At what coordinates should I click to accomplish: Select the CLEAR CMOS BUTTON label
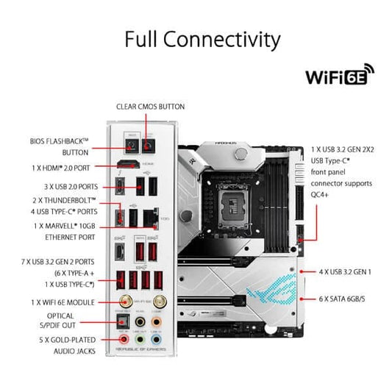(149, 107)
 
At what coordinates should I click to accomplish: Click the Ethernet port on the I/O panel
(151, 217)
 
